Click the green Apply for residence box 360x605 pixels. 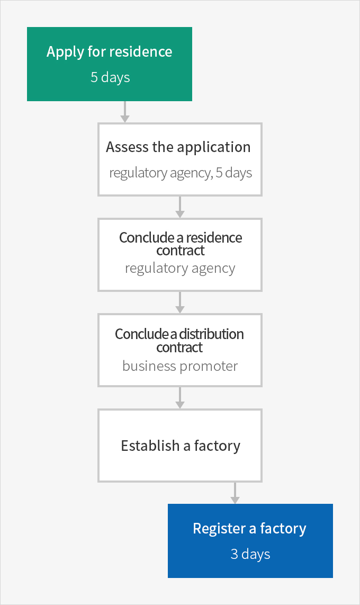pos(110,64)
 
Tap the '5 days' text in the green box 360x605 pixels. pos(110,77)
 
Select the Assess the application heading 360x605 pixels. pos(178,147)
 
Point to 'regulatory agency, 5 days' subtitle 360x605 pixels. pos(181,173)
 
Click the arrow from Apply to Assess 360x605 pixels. pos(124,112)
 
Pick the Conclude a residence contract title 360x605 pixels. pos(181,244)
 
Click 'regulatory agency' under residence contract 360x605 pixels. pos(180,268)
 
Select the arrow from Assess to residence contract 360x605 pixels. pos(179,207)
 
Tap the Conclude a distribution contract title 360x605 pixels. pos(179,340)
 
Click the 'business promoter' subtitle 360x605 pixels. pos(180,366)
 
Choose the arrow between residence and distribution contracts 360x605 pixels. pos(179,302)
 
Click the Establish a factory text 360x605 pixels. pos(181,446)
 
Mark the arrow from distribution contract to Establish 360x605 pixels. pos(179,398)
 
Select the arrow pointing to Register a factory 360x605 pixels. pos(235,493)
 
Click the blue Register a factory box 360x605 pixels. pos(250,540)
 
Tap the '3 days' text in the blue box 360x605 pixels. pos(250,554)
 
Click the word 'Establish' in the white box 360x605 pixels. pos(150,446)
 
